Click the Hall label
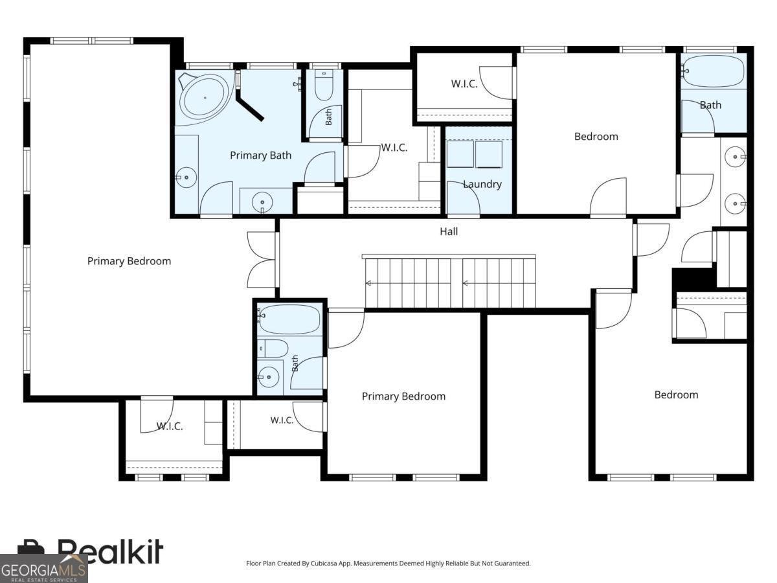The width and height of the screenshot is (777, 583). (x=449, y=231)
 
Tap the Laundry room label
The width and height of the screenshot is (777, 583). (x=482, y=184)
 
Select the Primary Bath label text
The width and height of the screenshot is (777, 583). (x=260, y=155)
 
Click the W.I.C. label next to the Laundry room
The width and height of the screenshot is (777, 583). (x=394, y=148)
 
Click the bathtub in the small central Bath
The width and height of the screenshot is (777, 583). (x=290, y=319)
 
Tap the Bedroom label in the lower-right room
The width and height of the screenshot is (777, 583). (x=676, y=394)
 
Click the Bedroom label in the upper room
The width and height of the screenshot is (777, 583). (x=596, y=137)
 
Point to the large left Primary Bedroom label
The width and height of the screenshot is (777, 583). (x=129, y=261)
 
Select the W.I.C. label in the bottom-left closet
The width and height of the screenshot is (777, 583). (x=170, y=426)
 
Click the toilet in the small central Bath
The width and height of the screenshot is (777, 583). (x=273, y=349)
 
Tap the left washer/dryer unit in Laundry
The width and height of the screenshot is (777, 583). (x=460, y=154)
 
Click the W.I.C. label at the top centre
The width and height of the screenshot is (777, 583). (x=464, y=84)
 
